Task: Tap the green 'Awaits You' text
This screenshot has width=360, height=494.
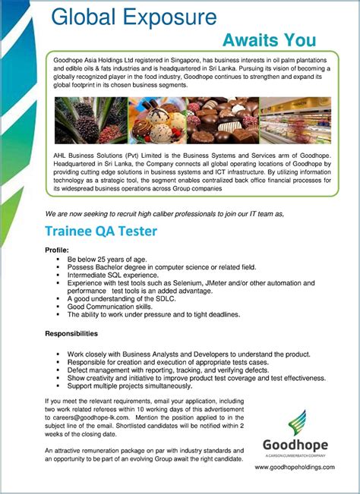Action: [x=270, y=40]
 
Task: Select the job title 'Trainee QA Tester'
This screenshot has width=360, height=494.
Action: [x=101, y=230]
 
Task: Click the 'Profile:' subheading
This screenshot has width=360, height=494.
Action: [x=57, y=250]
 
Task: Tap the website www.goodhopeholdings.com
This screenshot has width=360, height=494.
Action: [x=295, y=467]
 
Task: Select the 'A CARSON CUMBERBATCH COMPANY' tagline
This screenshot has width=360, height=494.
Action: [x=295, y=455]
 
